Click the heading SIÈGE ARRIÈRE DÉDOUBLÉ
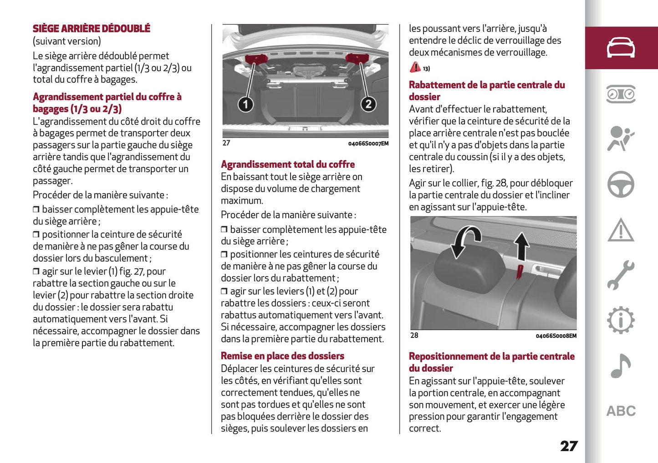[91, 29]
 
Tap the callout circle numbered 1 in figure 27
[245, 104]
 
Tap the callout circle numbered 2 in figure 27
[368, 104]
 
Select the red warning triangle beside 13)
[415, 67]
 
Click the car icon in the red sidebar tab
[621, 48]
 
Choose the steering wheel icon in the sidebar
[621, 184]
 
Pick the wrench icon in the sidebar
[621, 275]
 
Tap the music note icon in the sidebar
[620, 366]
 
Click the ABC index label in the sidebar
[621, 411]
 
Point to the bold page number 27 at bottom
[569, 446]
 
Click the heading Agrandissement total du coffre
[288, 164]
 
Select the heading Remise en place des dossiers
[282, 356]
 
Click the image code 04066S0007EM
[368, 144]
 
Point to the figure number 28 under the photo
[414, 336]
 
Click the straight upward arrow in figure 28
[522, 246]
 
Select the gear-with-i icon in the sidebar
[621, 321]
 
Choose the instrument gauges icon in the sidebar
[621, 94]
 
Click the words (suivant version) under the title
[66, 41]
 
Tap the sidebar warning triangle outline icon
[621, 230]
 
